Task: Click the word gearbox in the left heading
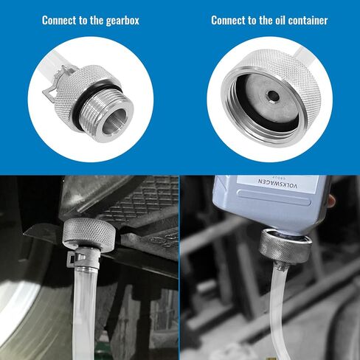122,21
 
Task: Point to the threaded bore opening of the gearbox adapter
115,120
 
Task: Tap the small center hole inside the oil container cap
272,96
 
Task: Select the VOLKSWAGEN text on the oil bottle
277,183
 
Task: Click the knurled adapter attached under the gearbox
89,233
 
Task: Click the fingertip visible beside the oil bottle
331,200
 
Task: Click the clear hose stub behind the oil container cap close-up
303,53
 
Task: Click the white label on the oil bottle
277,183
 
